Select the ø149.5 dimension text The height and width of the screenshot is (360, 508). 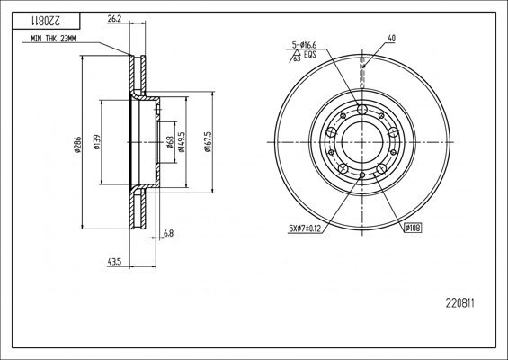183,143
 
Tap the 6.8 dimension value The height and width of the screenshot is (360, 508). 168,234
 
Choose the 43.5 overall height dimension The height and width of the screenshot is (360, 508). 114,262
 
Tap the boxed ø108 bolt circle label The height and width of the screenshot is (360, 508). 413,229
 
